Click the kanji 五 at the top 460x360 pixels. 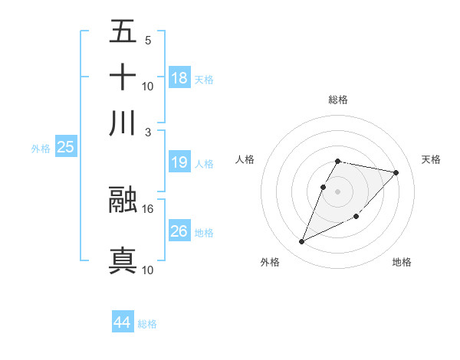pos(123,31)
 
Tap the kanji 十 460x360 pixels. pos(123,77)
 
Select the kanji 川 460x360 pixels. pos(123,123)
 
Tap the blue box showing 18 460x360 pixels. pos(179,78)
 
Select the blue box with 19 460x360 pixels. pos(179,162)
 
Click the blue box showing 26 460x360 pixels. pos(179,231)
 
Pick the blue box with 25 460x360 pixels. pos(65,147)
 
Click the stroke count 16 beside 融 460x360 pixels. pos(148,208)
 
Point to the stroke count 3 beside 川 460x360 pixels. pos(148,132)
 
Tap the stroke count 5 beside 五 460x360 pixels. pos(147,40)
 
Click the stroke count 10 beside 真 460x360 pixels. pos(148,270)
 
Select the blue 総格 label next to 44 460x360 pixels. pos(147,324)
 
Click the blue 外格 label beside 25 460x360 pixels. pos(40,149)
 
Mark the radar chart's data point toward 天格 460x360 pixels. pos(396,173)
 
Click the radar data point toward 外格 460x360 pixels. pos(302,242)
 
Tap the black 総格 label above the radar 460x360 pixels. pos(338,100)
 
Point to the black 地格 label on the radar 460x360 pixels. pos(402,263)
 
